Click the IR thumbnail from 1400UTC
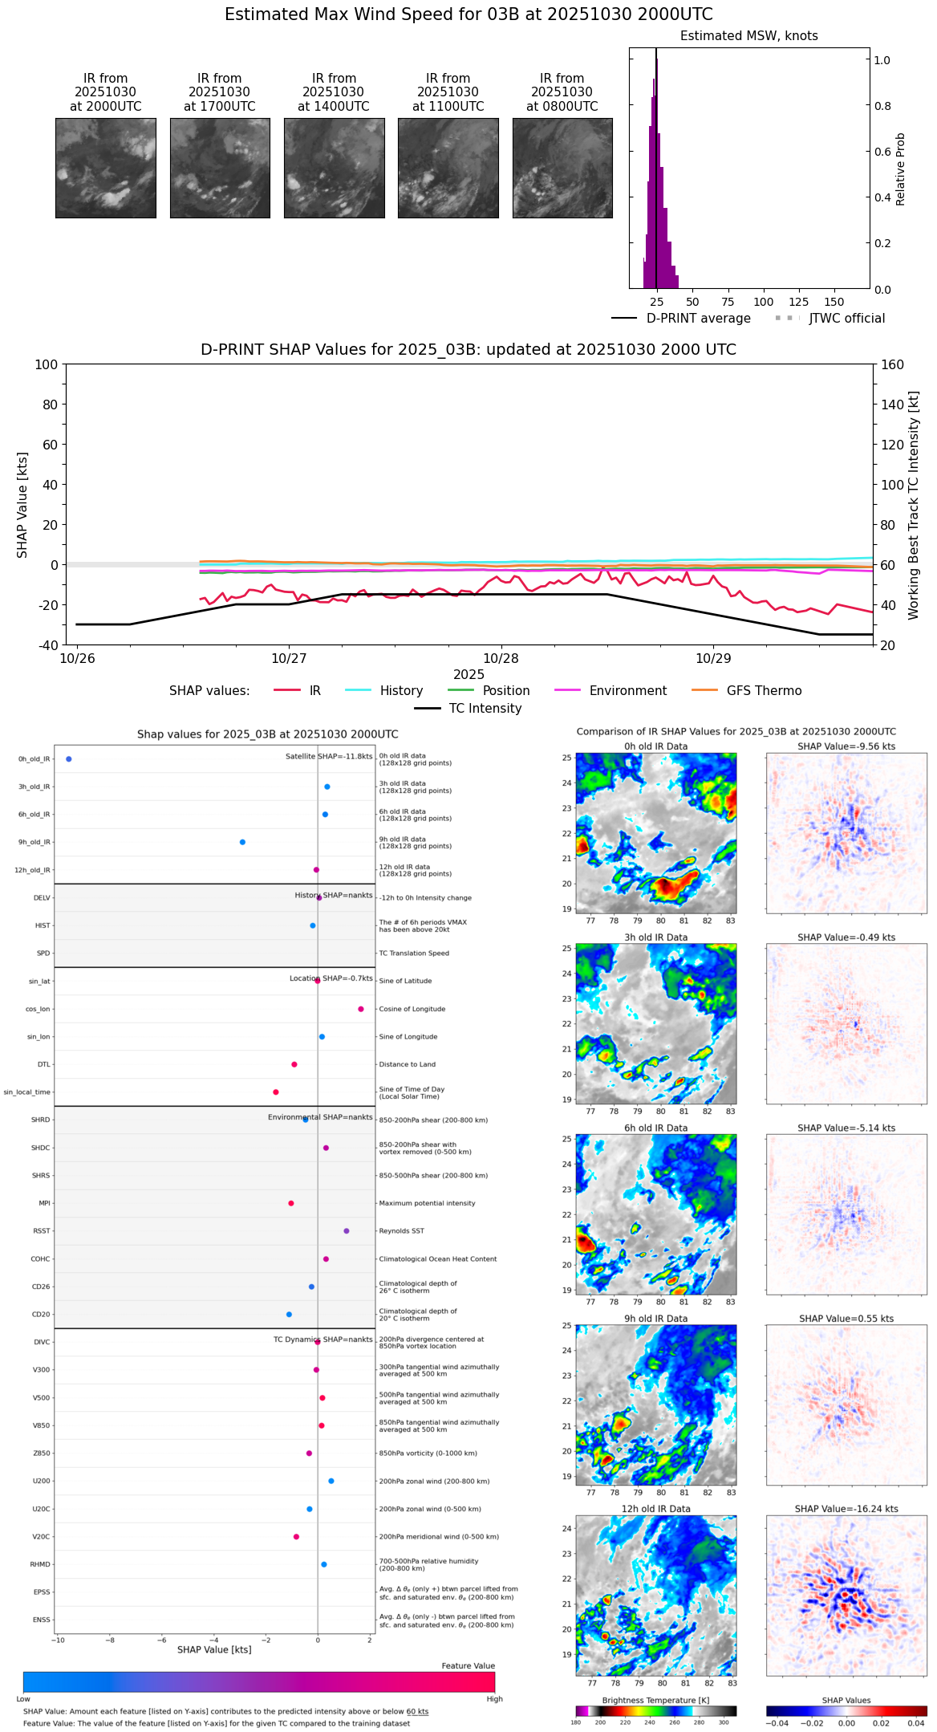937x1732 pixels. (x=334, y=168)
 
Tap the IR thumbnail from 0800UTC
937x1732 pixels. (x=562, y=168)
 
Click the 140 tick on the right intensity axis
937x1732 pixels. (x=892, y=405)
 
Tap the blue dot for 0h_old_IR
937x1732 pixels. (x=69, y=759)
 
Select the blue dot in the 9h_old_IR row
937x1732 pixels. (x=242, y=842)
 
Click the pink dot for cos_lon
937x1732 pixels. (x=361, y=1009)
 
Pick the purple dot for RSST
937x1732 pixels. (x=347, y=1231)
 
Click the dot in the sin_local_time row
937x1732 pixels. (x=276, y=1092)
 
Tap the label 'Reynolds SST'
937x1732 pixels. (x=401, y=1231)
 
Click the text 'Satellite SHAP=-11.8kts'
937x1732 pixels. (x=329, y=757)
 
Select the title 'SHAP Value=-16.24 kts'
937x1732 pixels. (x=846, y=1509)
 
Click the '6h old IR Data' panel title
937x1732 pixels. (x=655, y=1128)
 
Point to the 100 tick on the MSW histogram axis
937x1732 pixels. (x=764, y=302)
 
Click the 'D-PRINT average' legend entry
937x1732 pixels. (x=698, y=319)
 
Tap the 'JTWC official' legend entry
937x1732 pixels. (x=846, y=319)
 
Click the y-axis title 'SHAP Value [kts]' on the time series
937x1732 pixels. (x=22, y=505)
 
